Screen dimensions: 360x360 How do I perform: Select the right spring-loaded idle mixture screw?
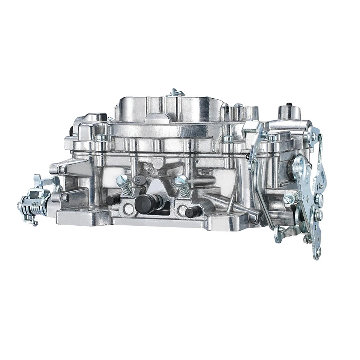(x=183, y=186)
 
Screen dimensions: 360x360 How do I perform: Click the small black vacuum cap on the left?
(x=111, y=199)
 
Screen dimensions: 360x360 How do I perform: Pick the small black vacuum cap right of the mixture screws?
(x=192, y=213)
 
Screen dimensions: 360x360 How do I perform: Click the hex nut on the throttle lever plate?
(x=318, y=215)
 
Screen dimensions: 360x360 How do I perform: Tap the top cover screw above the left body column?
(x=100, y=138)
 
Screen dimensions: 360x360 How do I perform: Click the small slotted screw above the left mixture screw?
(x=138, y=180)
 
